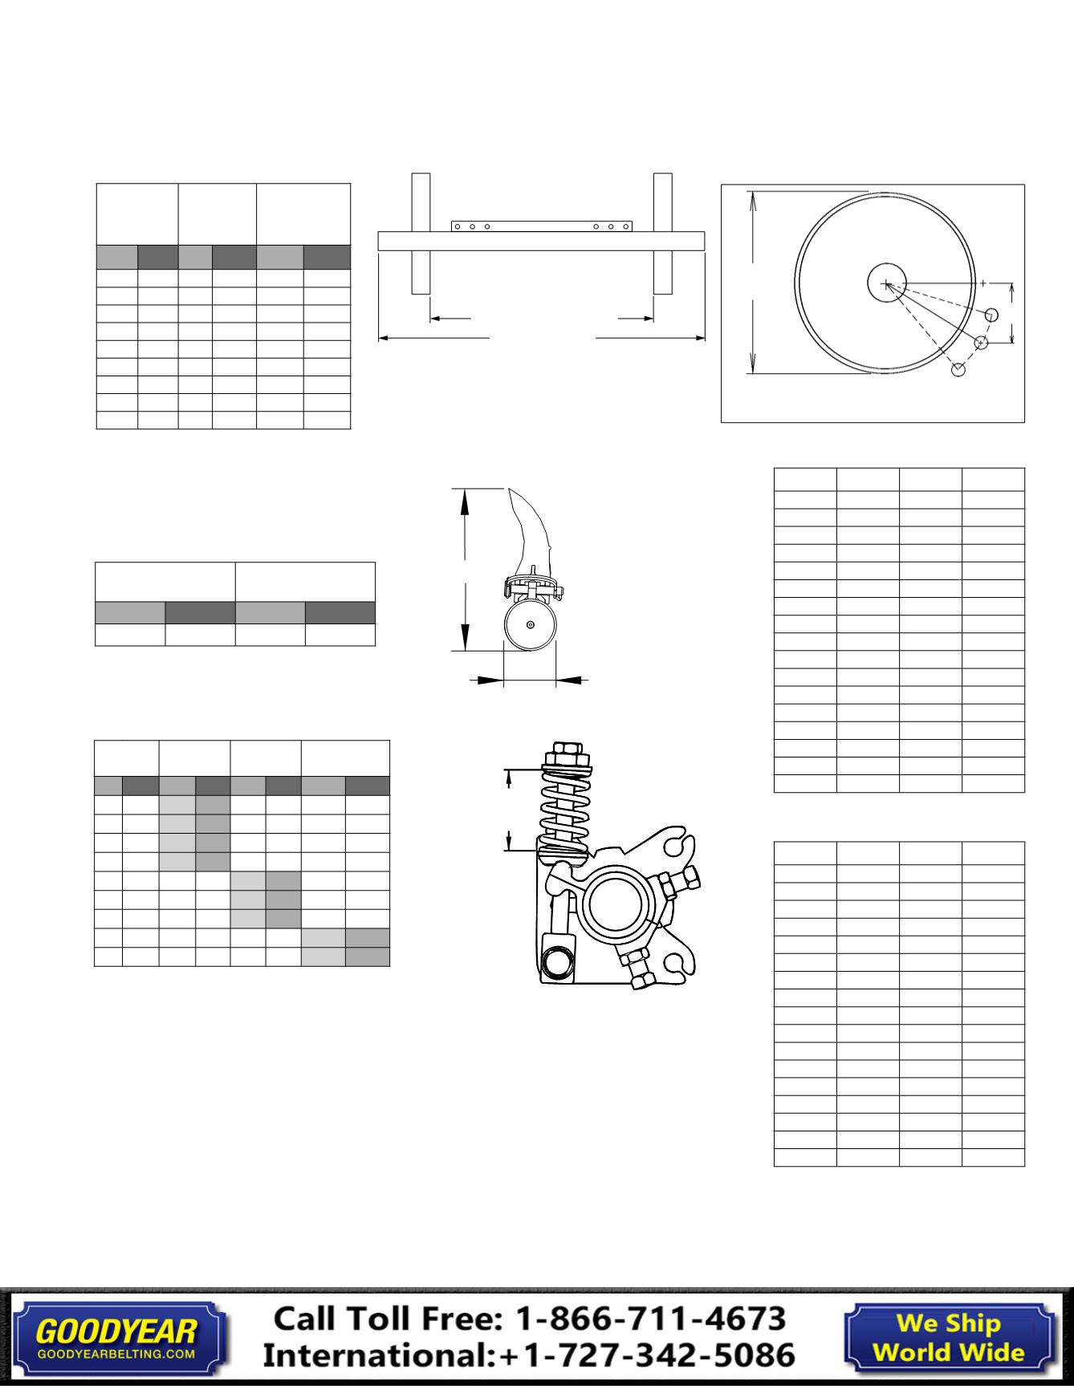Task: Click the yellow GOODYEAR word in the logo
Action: tap(116, 1331)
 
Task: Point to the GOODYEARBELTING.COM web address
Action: tap(116, 1354)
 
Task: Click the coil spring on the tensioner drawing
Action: tap(565, 810)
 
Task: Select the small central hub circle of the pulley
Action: tap(886, 283)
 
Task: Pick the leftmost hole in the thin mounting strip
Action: tap(457, 226)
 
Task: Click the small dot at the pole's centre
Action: tap(530, 626)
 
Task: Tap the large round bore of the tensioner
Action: tap(616, 904)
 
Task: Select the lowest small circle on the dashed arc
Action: tap(958, 370)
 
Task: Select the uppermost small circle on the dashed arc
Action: tap(991, 315)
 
